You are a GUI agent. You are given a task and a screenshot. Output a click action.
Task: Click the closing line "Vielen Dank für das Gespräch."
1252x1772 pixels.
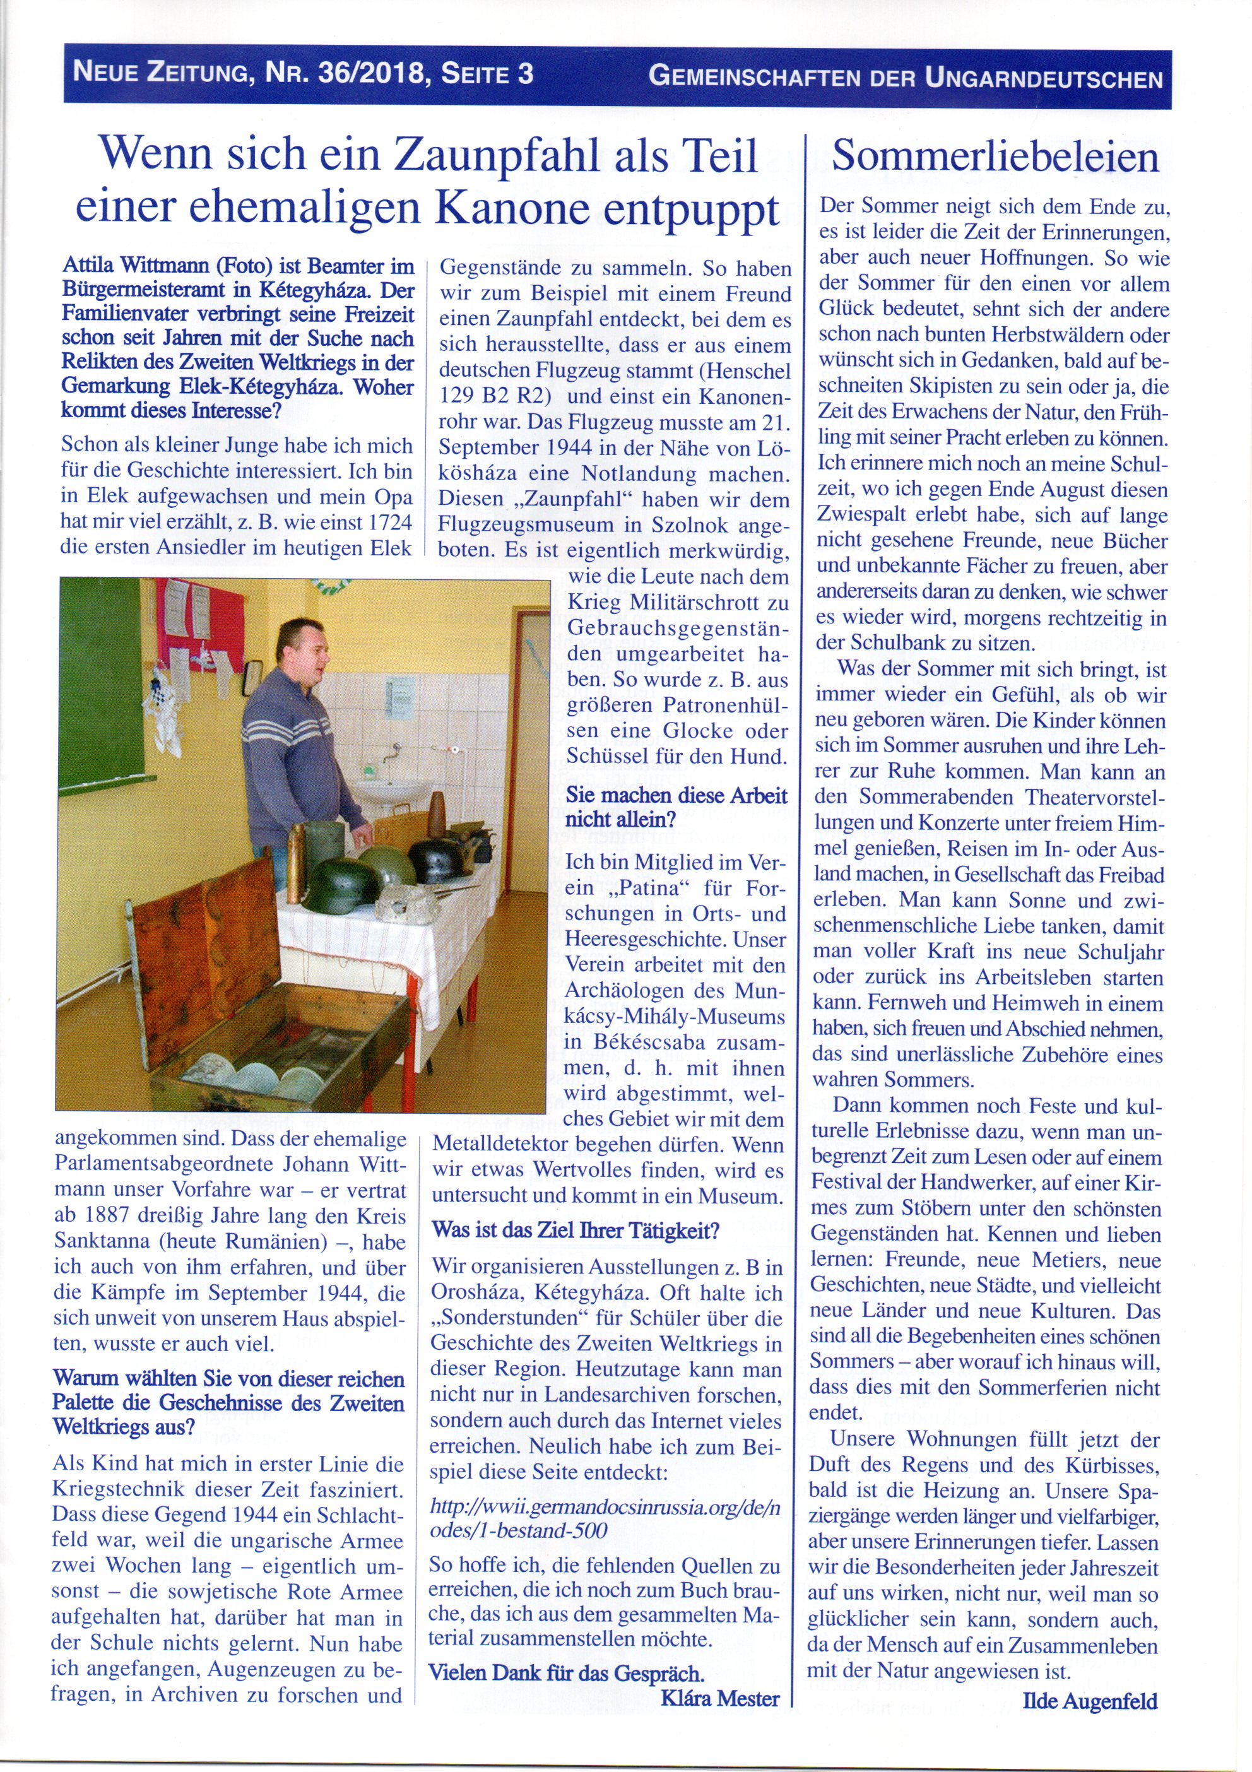pos(566,1672)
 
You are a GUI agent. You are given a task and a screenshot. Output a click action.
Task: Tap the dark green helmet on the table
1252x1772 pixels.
pos(340,883)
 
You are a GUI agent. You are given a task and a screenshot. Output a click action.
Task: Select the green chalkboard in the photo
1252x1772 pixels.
pos(100,679)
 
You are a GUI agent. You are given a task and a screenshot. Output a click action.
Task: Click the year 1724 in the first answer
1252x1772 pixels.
pos(390,522)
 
